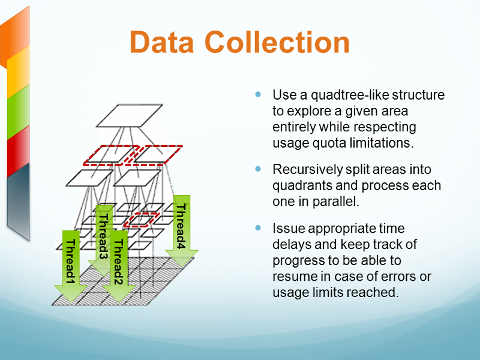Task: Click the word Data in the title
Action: tap(161, 42)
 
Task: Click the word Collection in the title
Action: tap(277, 42)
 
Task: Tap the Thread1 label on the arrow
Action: tap(71, 262)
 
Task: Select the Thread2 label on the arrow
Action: tap(118, 262)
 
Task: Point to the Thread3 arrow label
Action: tap(103, 236)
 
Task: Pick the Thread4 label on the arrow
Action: tap(182, 226)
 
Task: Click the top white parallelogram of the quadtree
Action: tap(130, 116)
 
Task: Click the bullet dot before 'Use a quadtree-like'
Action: tap(258, 94)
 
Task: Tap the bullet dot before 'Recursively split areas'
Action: tap(258, 169)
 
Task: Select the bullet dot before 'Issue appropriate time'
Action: tap(258, 228)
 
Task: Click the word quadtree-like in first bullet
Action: tap(350, 95)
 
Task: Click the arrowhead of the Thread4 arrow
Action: tap(182, 258)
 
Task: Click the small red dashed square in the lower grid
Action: tap(142, 220)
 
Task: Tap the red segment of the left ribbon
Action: tap(19, 151)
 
